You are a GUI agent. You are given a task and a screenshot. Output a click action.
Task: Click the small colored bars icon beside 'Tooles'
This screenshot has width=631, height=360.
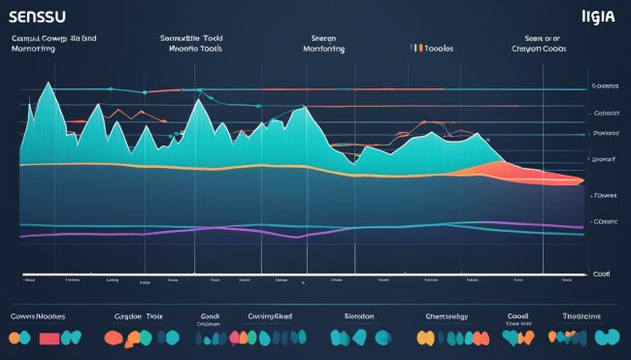coord(417,46)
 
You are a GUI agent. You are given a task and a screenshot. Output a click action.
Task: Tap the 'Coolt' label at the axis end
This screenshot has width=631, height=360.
coord(602,275)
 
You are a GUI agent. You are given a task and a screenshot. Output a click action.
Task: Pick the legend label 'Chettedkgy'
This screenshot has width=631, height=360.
coord(448,315)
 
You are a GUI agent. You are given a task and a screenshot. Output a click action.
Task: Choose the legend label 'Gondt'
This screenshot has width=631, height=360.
coord(211,315)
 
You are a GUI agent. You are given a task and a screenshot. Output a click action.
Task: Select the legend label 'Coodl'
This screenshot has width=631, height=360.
coord(518,315)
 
